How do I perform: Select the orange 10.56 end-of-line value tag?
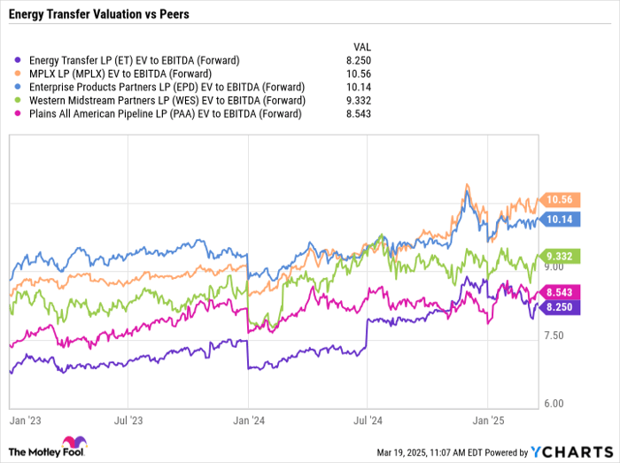click(562, 199)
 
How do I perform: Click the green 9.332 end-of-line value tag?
click(562, 255)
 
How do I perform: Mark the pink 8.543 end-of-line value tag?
click(562, 291)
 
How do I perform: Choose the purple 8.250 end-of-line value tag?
click(562, 306)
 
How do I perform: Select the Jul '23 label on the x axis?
click(129, 422)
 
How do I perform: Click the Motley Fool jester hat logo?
click(71, 445)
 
